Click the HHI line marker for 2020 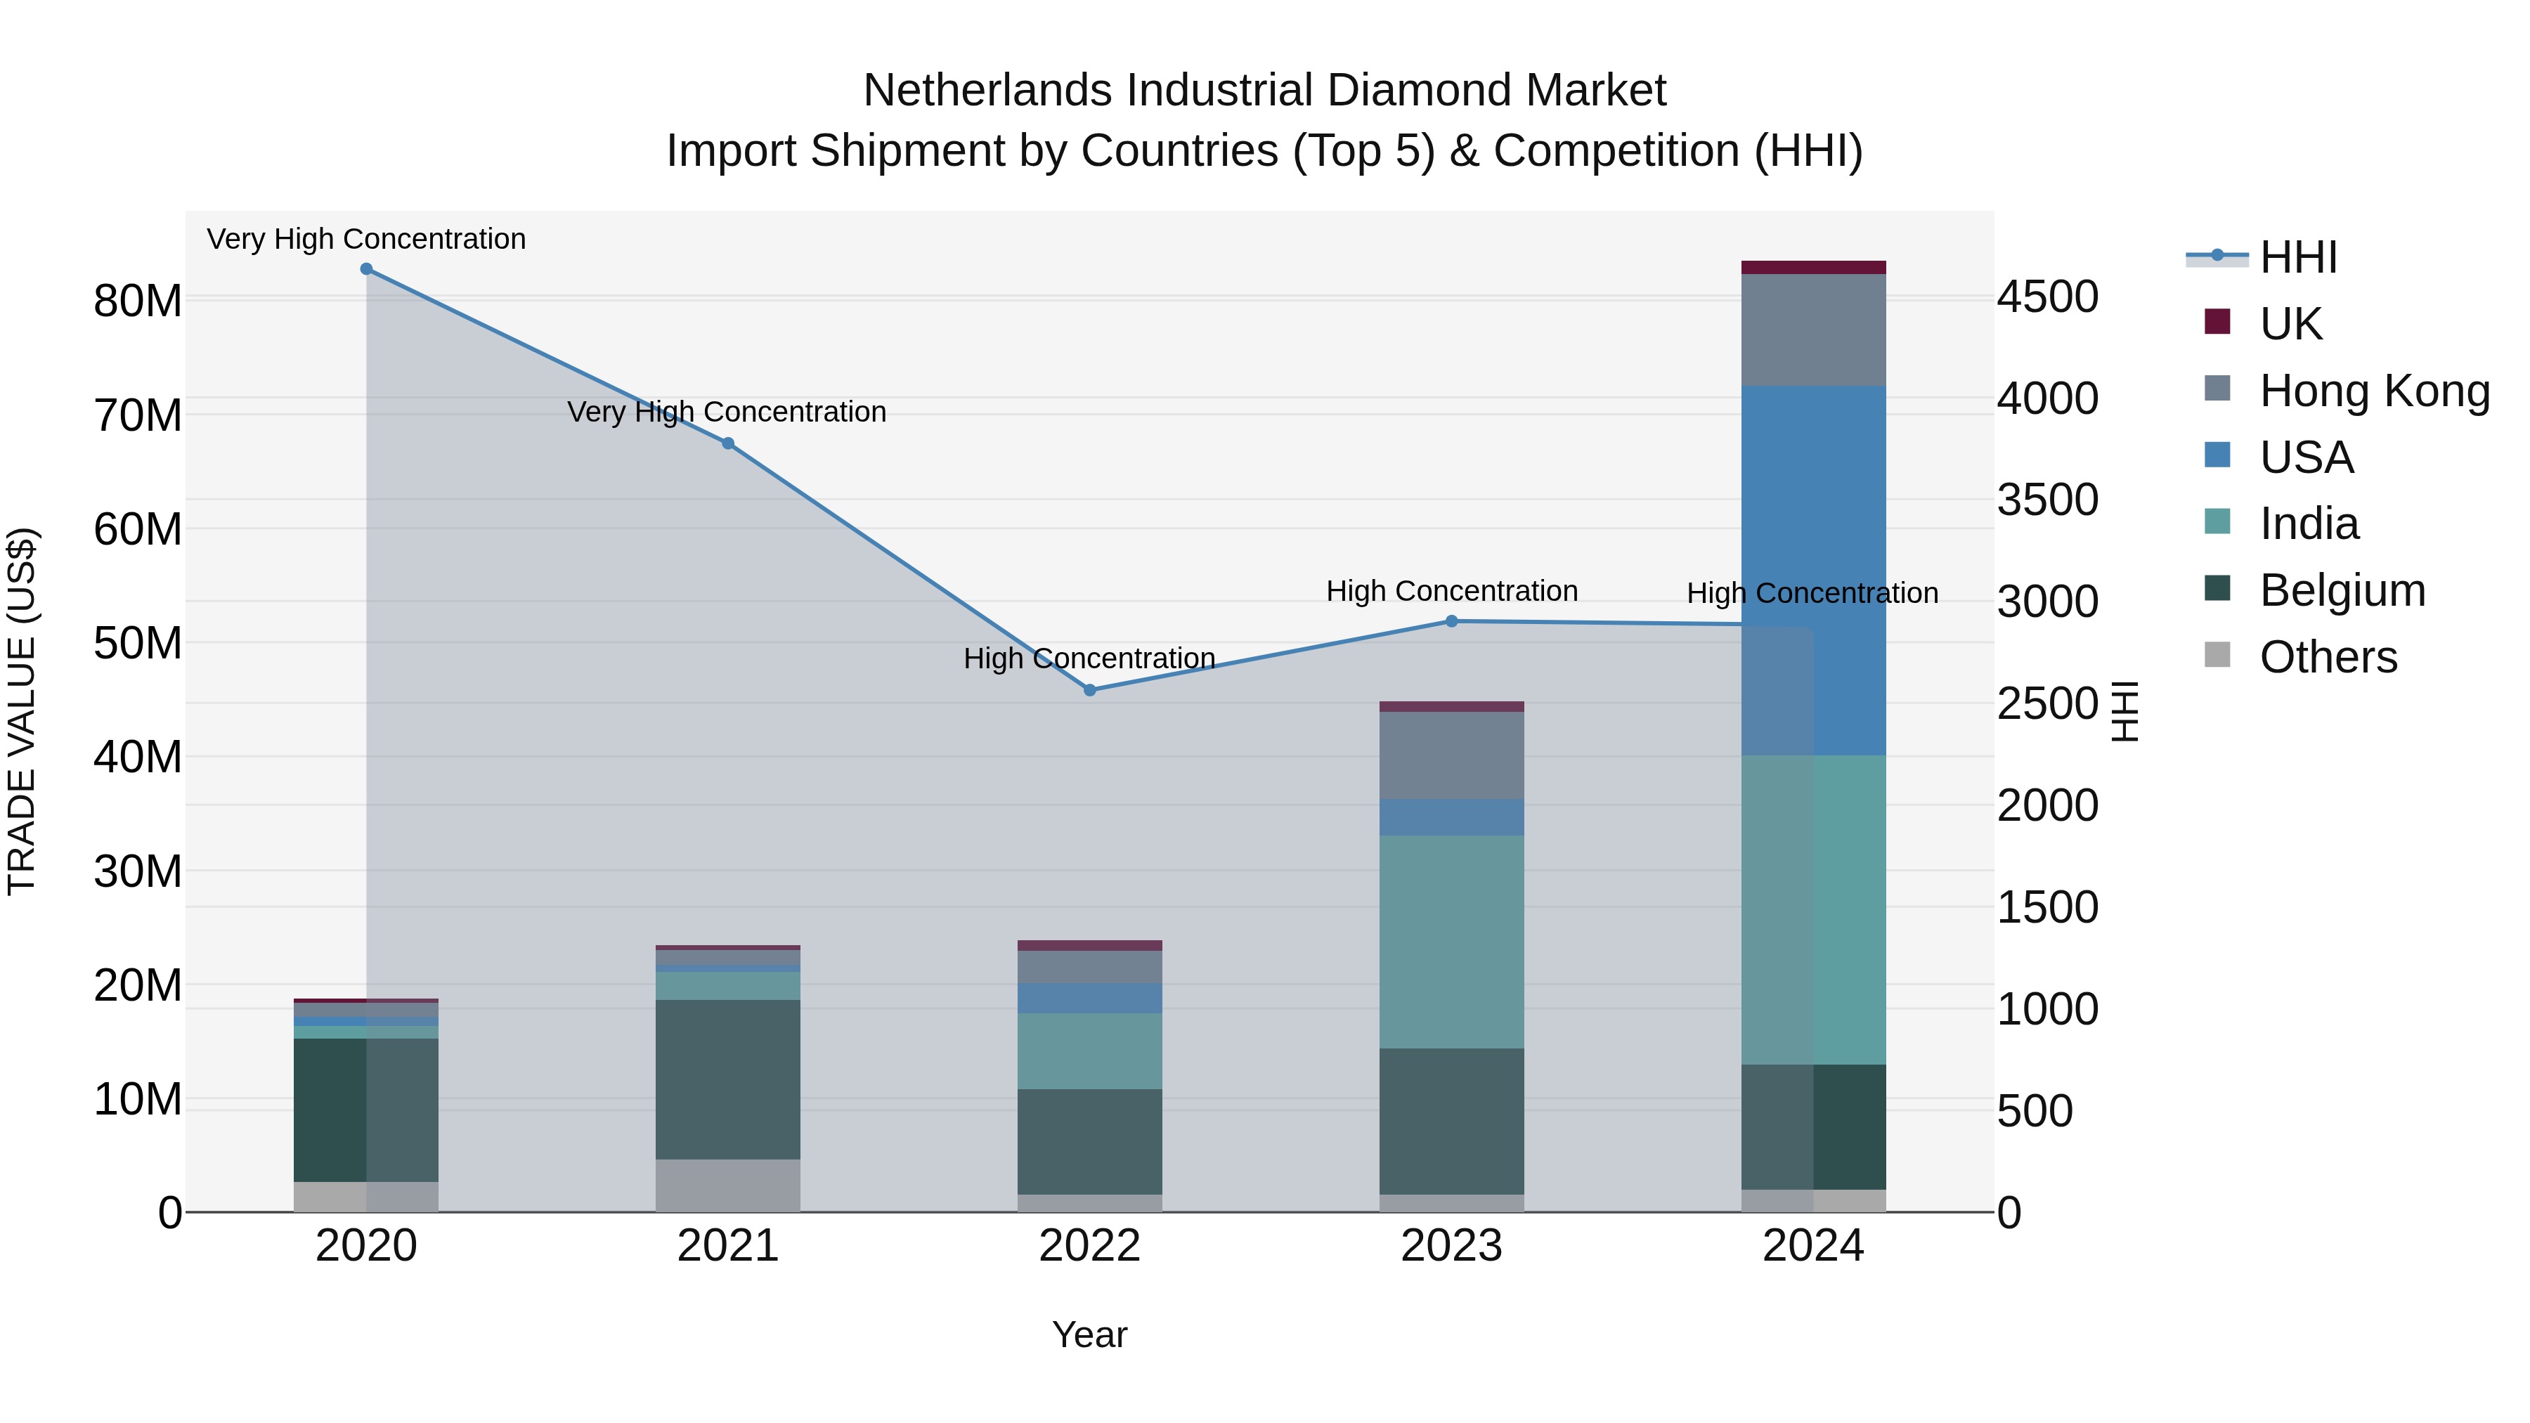[366, 269]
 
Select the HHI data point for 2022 [1089, 690]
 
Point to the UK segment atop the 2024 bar [1813, 267]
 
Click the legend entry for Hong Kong [2374, 391]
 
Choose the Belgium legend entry [2342, 590]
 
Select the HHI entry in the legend [2297, 257]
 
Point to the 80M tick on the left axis [138, 301]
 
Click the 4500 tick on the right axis [2048, 297]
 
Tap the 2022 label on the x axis [1089, 1246]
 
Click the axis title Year [1089, 1334]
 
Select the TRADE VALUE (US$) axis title [22, 711]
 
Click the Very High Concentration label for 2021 [727, 412]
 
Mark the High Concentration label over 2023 [1452, 591]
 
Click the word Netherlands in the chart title [988, 91]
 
